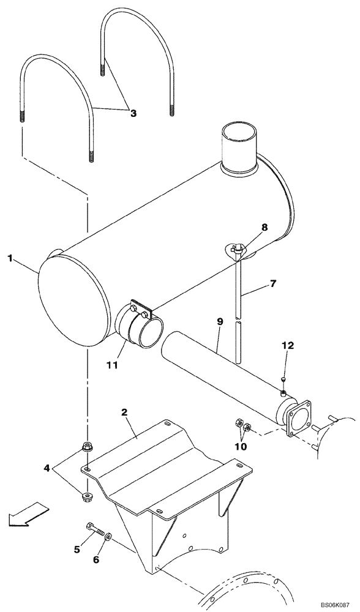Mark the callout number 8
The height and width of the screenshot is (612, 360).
pyautogui.click(x=264, y=227)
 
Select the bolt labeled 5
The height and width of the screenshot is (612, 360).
pyautogui.click(x=96, y=529)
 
